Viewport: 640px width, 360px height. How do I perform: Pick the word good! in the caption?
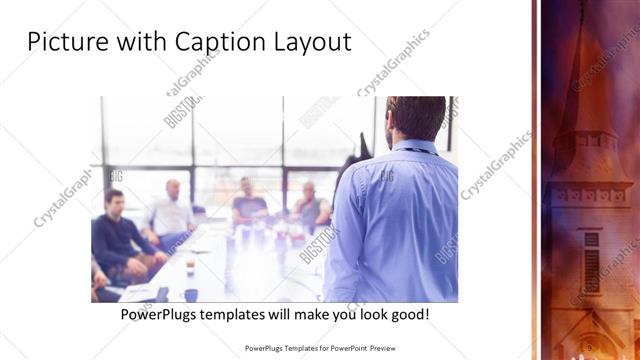[x=409, y=314]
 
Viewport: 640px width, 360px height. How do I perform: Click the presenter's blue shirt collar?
[x=413, y=147]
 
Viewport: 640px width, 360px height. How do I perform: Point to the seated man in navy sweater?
[x=116, y=232]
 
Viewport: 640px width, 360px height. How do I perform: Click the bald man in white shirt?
[x=173, y=210]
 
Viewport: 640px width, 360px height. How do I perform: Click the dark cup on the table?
[x=190, y=294]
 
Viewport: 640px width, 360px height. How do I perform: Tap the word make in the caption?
[x=320, y=314]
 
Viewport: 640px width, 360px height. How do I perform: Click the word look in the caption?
[x=369, y=314]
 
